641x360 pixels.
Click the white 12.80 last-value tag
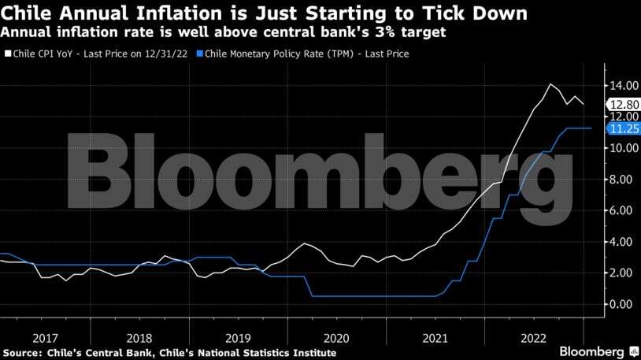coord(621,104)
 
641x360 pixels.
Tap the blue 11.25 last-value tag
coord(621,128)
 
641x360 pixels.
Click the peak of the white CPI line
coord(550,84)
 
